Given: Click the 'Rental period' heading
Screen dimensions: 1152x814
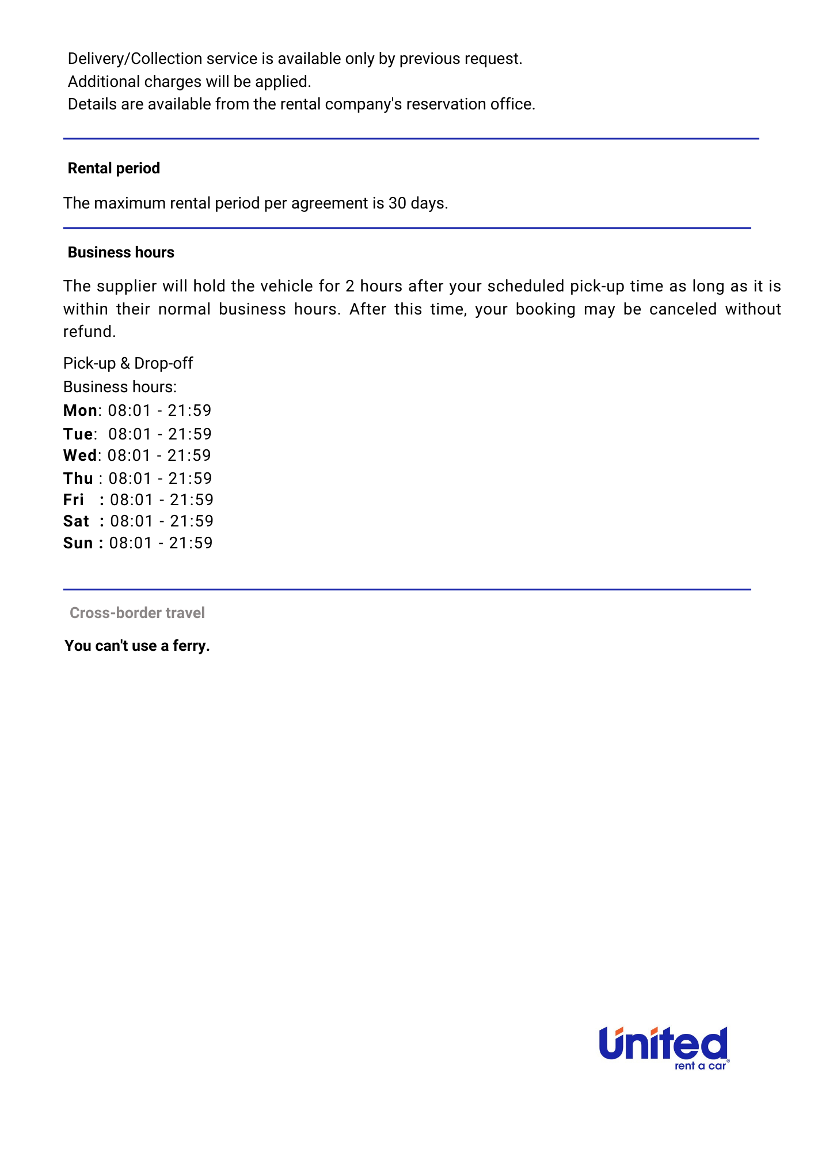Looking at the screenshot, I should click(x=113, y=168).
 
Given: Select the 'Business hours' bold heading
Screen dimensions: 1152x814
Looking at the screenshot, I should click(x=121, y=252).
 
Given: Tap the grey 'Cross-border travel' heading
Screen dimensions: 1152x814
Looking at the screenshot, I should click(x=137, y=613).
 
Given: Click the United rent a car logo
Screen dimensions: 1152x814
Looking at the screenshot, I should click(x=664, y=1048).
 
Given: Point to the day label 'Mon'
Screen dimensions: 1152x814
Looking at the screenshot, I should click(x=80, y=411).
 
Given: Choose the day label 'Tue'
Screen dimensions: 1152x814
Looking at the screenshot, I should click(x=78, y=434).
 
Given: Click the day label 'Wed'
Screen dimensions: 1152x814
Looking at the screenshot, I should click(x=80, y=456).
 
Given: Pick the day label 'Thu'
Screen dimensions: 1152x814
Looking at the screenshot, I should click(x=78, y=479).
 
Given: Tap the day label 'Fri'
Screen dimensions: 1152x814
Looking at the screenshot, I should click(x=74, y=500).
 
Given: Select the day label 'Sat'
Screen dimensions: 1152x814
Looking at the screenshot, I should click(x=76, y=521).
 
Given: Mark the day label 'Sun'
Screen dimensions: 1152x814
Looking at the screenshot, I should click(x=78, y=543).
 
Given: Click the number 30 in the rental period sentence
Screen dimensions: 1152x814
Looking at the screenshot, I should click(x=397, y=203).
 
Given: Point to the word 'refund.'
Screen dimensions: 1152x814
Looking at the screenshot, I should click(x=89, y=332).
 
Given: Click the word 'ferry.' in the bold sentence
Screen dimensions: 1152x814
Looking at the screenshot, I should click(x=191, y=646).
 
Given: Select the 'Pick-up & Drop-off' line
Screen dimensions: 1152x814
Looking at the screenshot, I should click(x=128, y=363).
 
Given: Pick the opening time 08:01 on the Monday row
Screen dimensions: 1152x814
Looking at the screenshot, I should click(x=130, y=411).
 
